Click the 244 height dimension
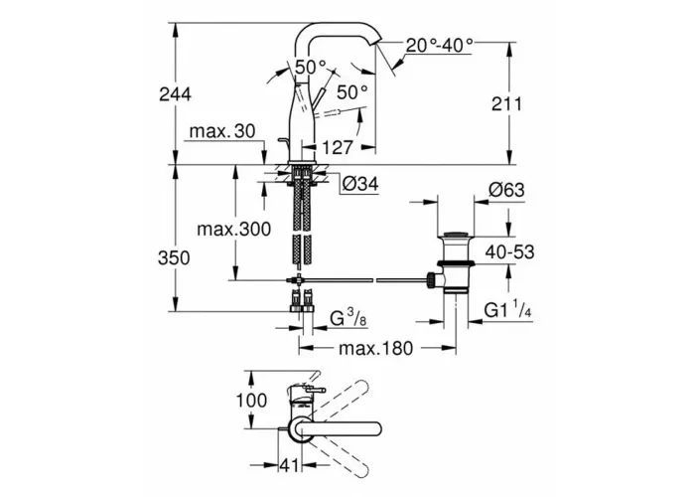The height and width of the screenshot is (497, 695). click(x=175, y=94)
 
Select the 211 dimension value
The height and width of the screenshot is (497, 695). click(x=507, y=104)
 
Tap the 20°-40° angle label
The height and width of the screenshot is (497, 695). click(x=440, y=46)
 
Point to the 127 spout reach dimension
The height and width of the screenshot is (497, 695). click(x=338, y=147)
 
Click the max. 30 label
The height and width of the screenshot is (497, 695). click(x=222, y=131)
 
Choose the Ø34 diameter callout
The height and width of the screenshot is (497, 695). click(x=361, y=184)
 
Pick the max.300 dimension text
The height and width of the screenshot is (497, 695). click(x=233, y=230)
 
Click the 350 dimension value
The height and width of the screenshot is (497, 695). click(x=174, y=257)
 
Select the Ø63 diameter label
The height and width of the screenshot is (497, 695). click(x=506, y=190)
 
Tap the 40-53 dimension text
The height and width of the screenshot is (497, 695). click(x=509, y=252)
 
